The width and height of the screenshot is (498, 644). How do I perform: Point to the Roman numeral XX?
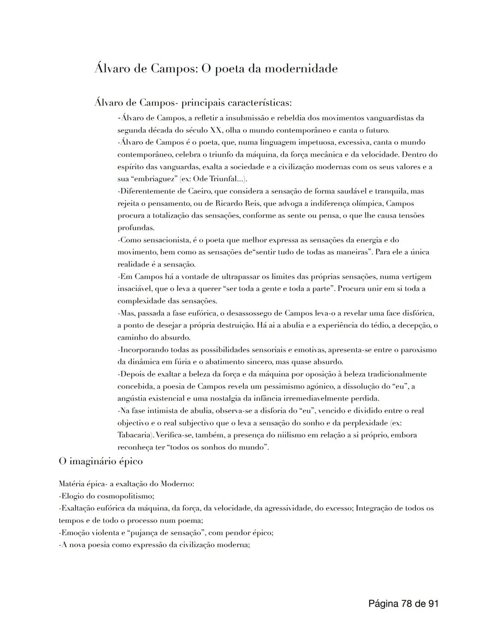pyautogui.click(x=216, y=130)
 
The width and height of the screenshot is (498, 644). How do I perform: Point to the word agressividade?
pyautogui.click(x=281, y=508)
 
